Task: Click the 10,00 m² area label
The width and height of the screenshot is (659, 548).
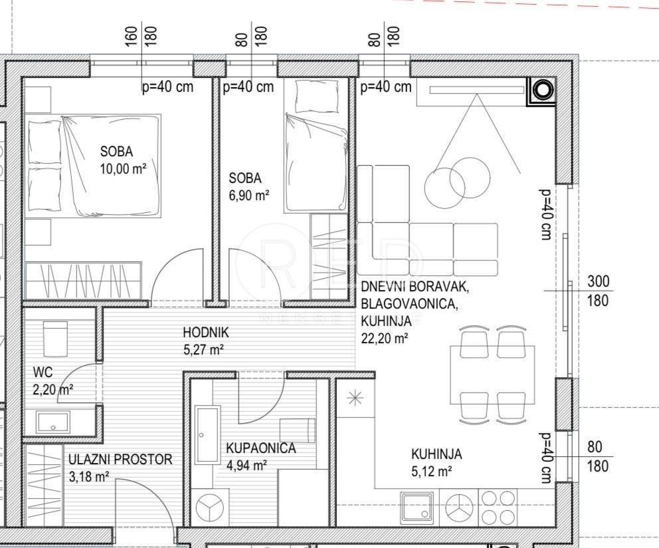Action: [x=122, y=169]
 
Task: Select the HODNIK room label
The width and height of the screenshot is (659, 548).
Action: [x=206, y=332]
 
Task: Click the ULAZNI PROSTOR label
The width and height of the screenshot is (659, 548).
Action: [x=120, y=459]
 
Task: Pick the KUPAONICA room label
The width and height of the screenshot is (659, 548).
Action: [x=260, y=448]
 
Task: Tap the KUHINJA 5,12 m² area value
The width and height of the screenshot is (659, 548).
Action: [x=432, y=472]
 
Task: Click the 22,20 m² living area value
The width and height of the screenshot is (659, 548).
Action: [x=384, y=338]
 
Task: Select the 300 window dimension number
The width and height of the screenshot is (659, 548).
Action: [x=598, y=282]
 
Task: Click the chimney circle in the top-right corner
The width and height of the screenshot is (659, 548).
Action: [x=543, y=89]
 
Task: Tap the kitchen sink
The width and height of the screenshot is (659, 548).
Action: [x=417, y=508]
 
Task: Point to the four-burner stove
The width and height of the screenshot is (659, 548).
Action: [x=498, y=507]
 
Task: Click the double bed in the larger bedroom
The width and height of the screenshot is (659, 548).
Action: [x=93, y=165]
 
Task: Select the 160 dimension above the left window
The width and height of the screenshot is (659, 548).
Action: [x=131, y=36]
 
